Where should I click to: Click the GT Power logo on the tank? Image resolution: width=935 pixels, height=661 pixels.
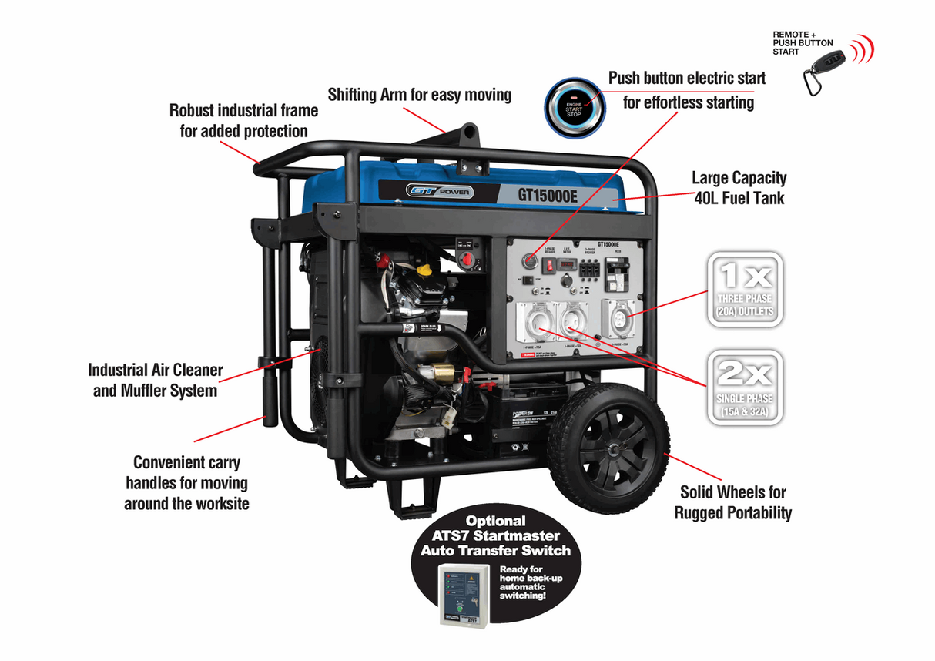coord(440,192)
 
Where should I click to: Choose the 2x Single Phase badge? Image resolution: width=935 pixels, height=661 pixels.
coord(744,388)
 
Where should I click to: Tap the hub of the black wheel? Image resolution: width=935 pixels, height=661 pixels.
coord(609,448)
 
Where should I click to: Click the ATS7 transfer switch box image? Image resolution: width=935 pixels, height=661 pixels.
coord(464,593)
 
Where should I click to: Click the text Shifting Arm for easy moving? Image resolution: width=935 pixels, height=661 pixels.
coord(419,95)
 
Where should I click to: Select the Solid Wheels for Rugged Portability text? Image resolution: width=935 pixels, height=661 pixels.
coord(732,502)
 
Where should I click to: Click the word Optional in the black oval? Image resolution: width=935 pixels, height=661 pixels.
coord(495,521)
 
